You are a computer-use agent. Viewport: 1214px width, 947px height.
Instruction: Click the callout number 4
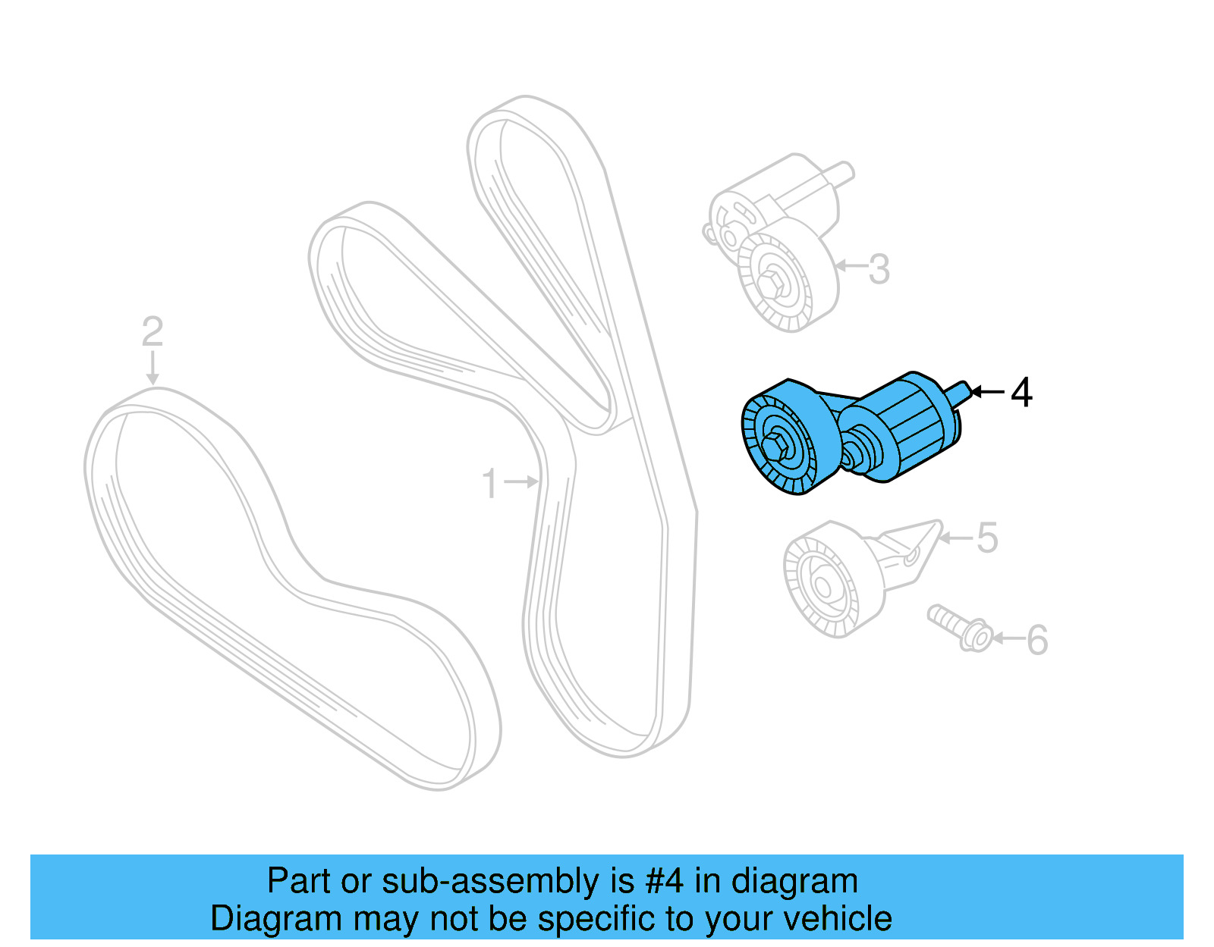[x=1021, y=392]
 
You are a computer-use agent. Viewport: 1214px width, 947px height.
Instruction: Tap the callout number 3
[x=879, y=269]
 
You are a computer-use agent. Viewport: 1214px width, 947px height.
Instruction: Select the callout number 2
[x=152, y=331]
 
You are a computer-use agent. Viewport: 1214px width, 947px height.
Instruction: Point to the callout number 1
[x=490, y=483]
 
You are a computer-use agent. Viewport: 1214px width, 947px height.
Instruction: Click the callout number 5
[x=986, y=538]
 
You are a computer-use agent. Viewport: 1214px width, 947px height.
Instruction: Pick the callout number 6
[x=1037, y=640]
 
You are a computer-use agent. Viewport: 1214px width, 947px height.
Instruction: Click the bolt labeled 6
[x=959, y=628]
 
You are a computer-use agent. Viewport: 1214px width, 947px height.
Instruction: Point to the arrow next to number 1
[x=521, y=481]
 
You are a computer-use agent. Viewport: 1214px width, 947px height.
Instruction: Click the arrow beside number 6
[x=1008, y=638]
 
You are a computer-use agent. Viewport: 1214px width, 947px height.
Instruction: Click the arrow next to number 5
[x=957, y=538]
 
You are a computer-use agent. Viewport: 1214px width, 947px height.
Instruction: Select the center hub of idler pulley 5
[x=822, y=586]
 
